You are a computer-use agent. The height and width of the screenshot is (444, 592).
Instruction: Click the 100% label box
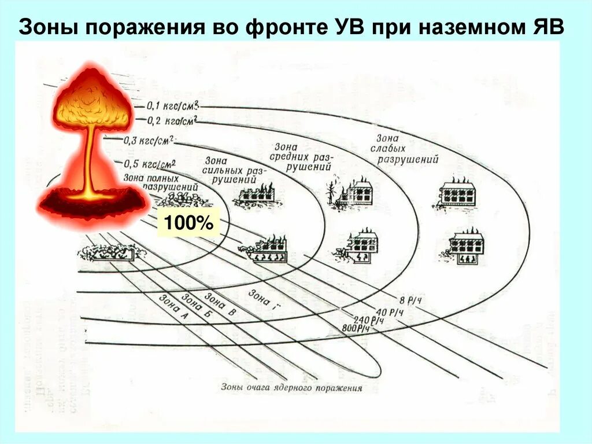(189, 222)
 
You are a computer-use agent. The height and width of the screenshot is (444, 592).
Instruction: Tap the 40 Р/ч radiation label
(390, 312)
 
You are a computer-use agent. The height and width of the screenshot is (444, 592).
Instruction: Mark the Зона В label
(220, 305)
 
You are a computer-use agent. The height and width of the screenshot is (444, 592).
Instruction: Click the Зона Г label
(260, 299)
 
